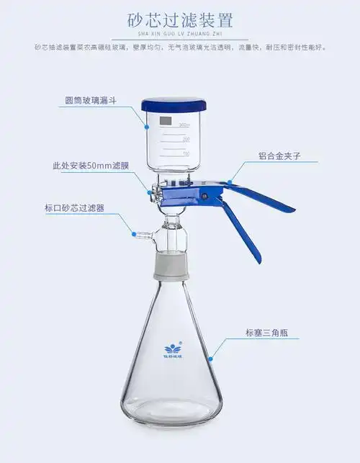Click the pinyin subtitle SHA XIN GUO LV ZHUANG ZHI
pyautogui.click(x=180, y=33)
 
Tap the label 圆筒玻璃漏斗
pyautogui.click(x=85, y=102)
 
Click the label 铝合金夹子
pyautogui.click(x=280, y=156)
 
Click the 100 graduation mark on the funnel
pyautogui.click(x=186, y=153)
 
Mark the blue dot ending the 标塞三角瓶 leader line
pyautogui.click(x=211, y=358)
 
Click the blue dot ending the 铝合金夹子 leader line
pyautogui.click(x=230, y=181)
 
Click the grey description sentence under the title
pyautogui.click(x=180, y=48)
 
